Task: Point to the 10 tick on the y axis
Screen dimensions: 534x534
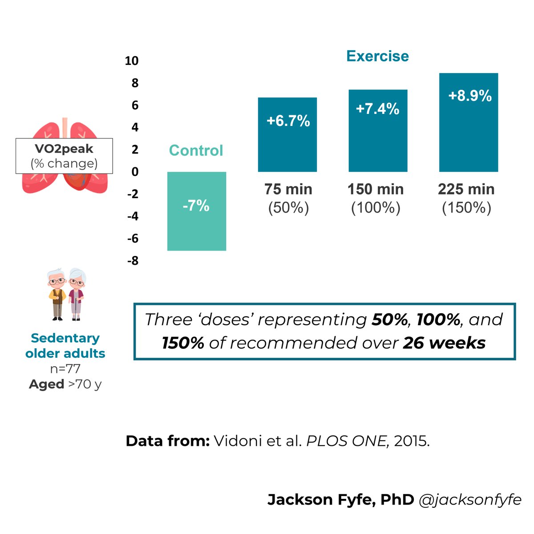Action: coord(132,61)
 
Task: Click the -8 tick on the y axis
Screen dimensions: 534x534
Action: coord(133,261)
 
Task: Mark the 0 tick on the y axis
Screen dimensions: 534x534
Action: coord(135,172)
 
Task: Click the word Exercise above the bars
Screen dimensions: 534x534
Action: coord(377,56)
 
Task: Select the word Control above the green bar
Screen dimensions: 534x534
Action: coord(196,150)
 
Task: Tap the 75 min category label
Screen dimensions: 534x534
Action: coord(288,189)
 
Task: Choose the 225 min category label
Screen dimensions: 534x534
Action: coord(466,189)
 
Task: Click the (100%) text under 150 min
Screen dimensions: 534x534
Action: coord(376,208)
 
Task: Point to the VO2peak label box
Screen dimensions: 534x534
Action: coord(64,156)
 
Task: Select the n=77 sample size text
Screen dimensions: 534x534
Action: coord(65,368)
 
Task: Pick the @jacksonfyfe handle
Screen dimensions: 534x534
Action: coord(470,499)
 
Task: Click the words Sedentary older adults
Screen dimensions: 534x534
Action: coord(65,346)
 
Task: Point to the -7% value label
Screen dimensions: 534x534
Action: coord(196,206)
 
